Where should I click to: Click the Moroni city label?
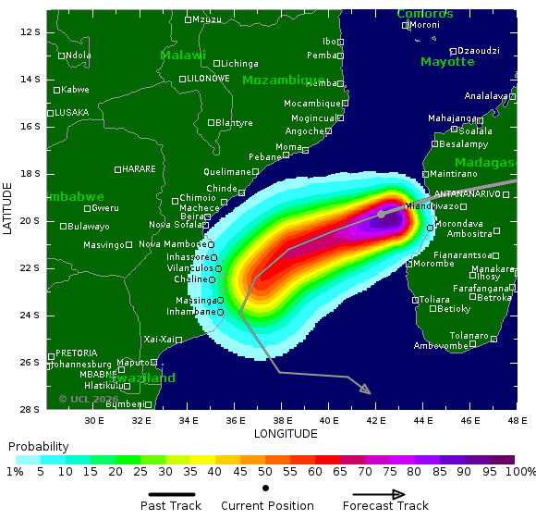pos(424,25)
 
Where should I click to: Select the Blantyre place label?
pos(234,122)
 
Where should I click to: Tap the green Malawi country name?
pos(183,56)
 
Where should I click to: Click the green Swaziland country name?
pos(143,378)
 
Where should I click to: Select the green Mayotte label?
pos(447,62)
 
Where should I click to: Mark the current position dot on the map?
pos(381,214)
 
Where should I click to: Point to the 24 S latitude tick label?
pos(30,316)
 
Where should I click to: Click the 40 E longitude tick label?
pos(330,420)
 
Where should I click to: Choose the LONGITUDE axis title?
pos(286,433)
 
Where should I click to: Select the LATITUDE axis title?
pos(7,208)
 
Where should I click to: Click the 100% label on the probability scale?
pos(520,472)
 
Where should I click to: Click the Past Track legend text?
pos(172,505)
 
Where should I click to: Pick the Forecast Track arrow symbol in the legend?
pos(385,494)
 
